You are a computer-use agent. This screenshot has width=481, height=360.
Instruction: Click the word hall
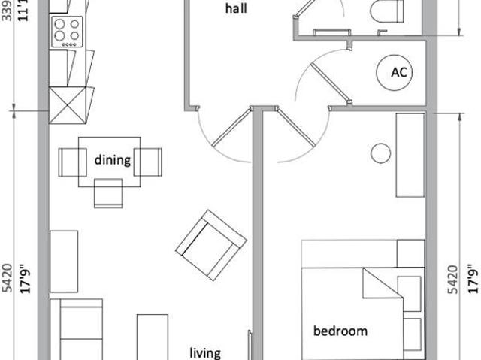pyautogui.click(x=236, y=10)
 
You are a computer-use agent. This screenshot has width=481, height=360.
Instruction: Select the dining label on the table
pyautogui.click(x=112, y=160)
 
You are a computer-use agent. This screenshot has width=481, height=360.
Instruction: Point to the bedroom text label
pyautogui.click(x=340, y=331)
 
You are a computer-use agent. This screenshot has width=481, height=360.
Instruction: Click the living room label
pyautogui.click(x=205, y=352)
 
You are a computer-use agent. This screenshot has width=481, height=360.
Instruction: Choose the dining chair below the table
pyautogui.click(x=109, y=193)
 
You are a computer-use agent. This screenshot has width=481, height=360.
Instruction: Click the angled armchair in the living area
pyautogui.click(x=210, y=244)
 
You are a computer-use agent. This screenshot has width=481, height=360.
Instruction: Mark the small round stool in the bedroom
pyautogui.click(x=381, y=153)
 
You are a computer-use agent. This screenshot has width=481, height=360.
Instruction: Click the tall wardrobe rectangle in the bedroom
pyautogui.click(x=410, y=155)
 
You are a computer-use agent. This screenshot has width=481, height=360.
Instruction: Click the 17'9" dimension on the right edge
pyautogui.click(x=472, y=279)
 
